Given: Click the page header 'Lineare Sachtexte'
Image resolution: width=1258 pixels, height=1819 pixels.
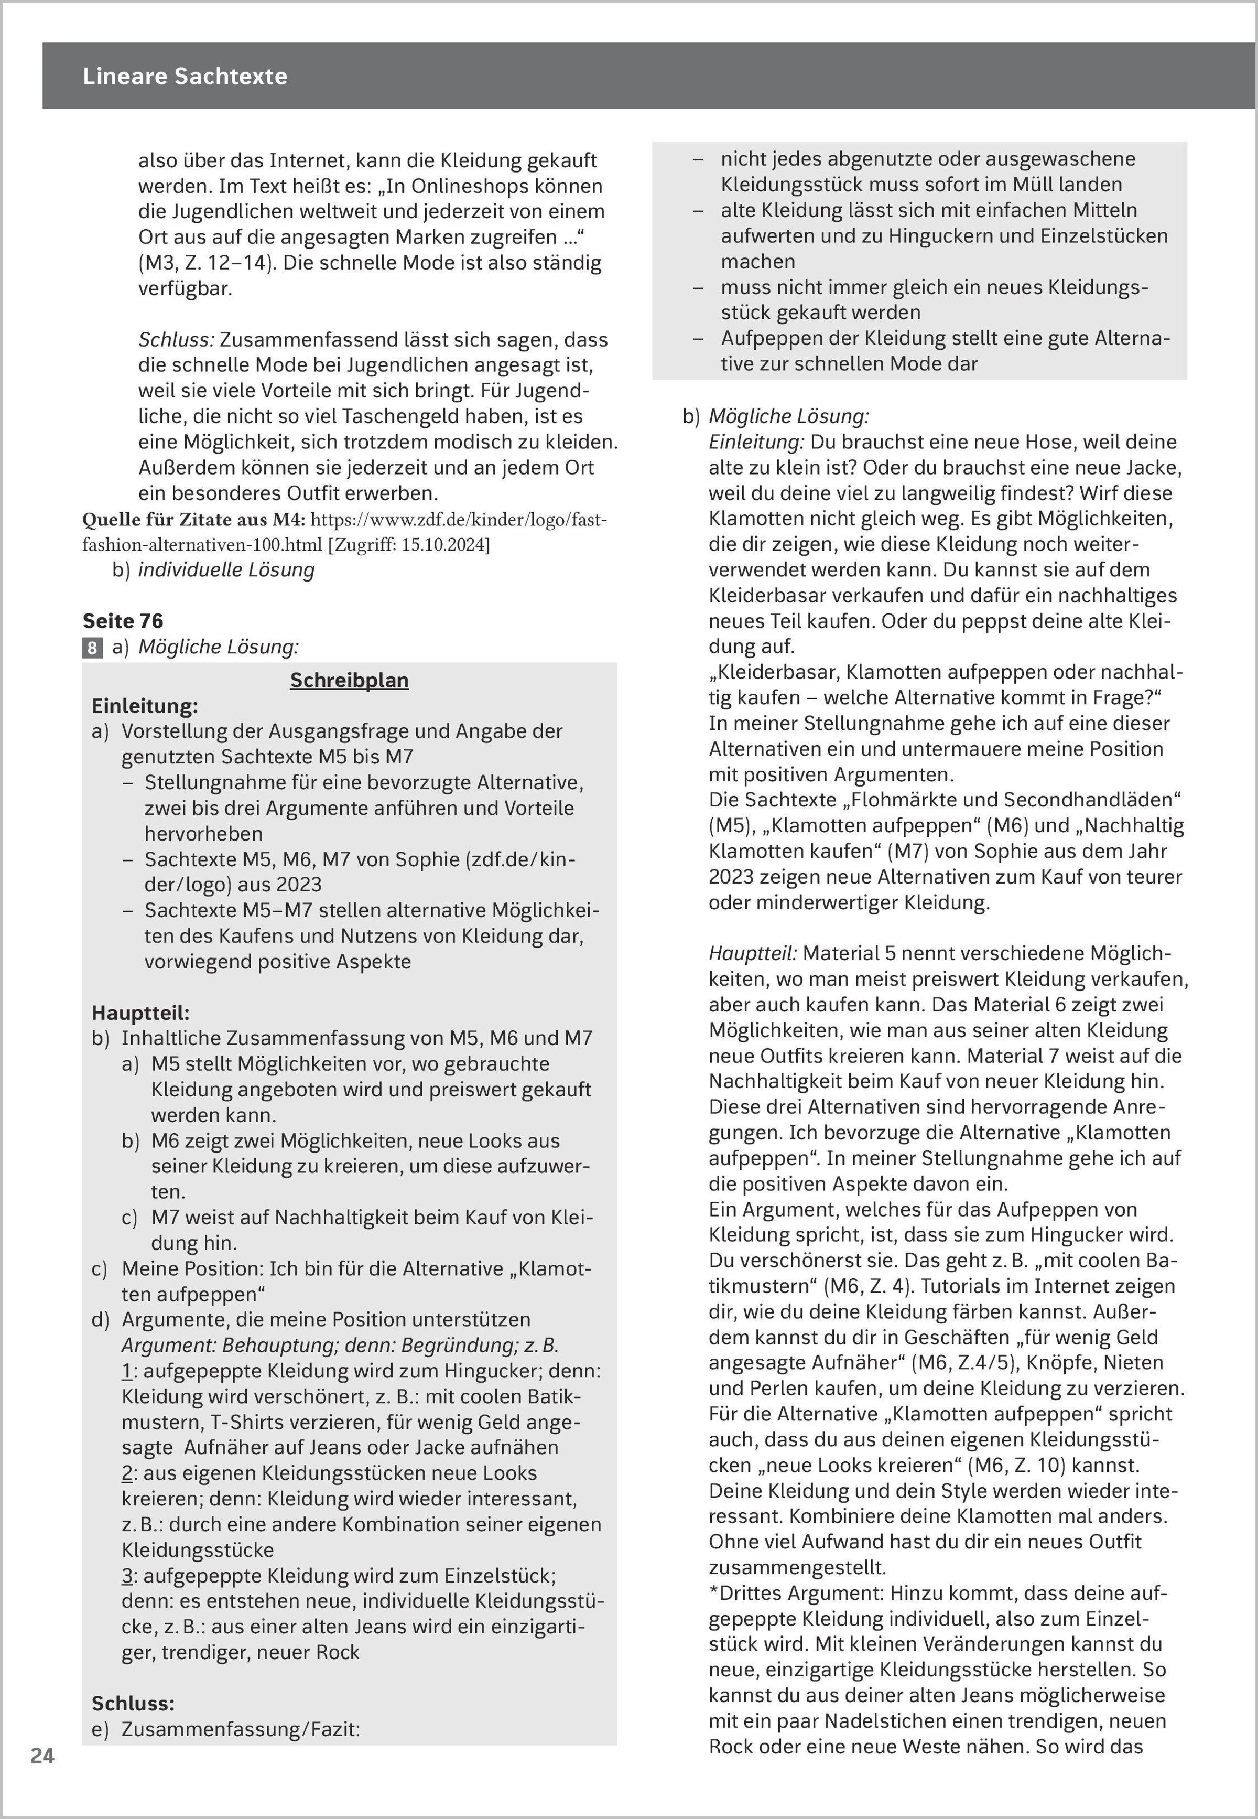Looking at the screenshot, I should pos(185,77).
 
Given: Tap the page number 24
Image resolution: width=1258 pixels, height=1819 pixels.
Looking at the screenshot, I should pos(42,1755).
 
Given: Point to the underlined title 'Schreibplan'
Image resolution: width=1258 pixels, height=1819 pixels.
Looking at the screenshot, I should pos(349,681).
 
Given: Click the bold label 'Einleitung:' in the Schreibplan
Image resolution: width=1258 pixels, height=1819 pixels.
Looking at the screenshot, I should pos(144,706).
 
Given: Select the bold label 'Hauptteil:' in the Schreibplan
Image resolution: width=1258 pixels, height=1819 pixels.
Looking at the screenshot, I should pos(140,1013).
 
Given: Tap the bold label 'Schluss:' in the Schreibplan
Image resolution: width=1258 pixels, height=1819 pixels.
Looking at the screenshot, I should pos(133,1703).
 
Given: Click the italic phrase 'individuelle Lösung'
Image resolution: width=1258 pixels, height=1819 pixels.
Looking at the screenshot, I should pos(226,570).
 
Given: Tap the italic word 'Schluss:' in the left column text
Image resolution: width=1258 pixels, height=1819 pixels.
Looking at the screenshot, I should pos(176,340).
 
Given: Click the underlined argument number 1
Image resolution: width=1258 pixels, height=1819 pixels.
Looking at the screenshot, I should pos(126,1371).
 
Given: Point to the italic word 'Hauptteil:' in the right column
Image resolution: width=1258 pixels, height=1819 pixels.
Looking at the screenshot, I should pos(753,953).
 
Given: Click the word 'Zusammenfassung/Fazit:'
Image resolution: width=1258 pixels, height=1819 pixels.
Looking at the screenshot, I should pos(241,1729).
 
